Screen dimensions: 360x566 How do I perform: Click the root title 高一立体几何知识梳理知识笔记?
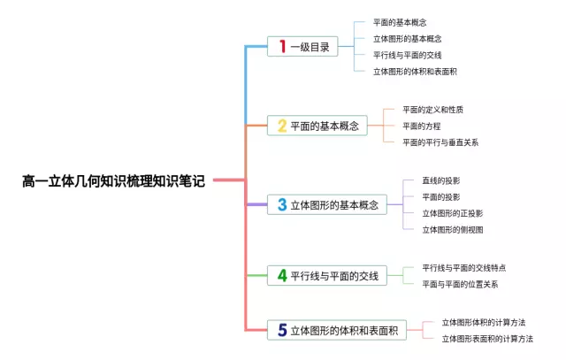click(113, 181)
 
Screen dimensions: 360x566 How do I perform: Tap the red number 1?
click(282, 47)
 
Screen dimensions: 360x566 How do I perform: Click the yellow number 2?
click(282, 126)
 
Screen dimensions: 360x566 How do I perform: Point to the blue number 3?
click(282, 204)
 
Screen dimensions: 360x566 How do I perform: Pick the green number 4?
click(282, 276)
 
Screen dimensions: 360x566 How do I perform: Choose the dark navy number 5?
click(282, 330)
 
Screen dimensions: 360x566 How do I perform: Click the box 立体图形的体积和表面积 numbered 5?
click(336, 330)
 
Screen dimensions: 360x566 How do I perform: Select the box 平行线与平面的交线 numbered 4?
click(326, 276)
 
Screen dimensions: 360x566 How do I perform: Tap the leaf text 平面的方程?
click(423, 126)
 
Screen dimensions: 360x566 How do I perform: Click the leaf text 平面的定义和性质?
click(432, 110)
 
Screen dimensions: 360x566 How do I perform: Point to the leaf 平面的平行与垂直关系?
click(440, 142)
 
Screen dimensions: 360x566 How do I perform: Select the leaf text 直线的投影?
click(440, 180)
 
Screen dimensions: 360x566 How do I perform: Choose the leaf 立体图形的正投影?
click(452, 213)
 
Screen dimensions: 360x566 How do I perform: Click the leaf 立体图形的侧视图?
click(452, 229)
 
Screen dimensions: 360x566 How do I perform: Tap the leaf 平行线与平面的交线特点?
click(463, 267)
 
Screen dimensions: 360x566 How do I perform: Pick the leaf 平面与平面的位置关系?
click(460, 284)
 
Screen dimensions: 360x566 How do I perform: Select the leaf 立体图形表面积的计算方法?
click(487, 338)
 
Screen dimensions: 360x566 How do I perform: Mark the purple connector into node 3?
click(256, 204)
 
